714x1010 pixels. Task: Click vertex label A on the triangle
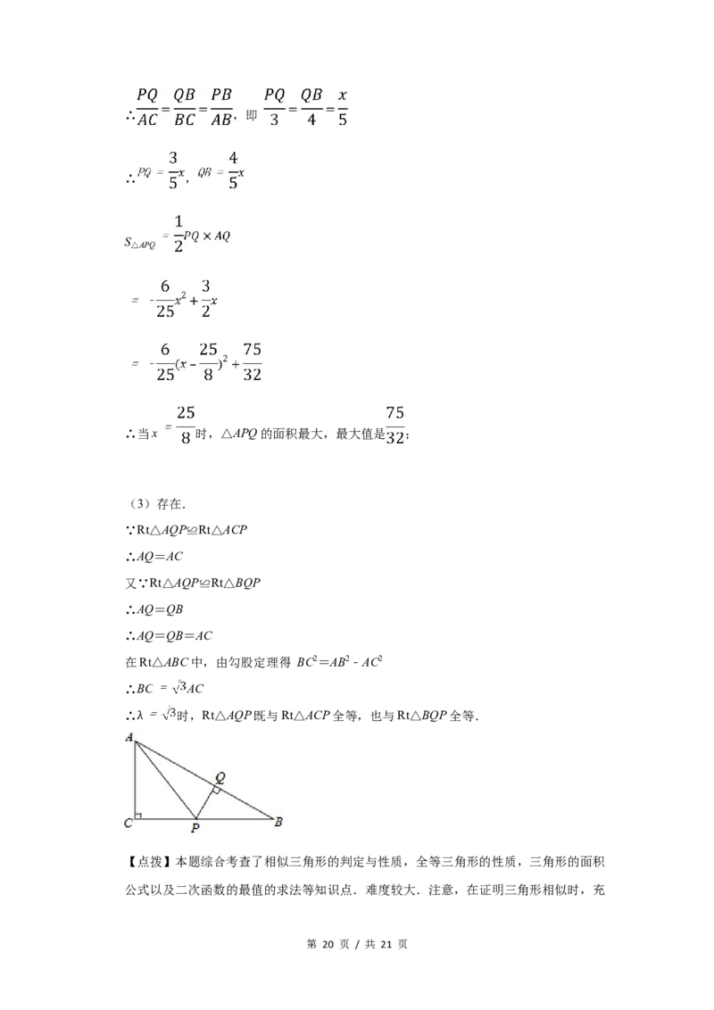click(x=129, y=737)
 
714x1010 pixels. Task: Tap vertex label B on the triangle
click(x=278, y=822)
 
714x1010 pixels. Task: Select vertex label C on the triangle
click(x=129, y=823)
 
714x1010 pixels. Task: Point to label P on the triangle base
click(x=195, y=829)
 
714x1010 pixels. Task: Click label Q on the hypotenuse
click(x=220, y=776)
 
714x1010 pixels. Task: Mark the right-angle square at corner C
click(x=138, y=814)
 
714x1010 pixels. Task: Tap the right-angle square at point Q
click(x=215, y=791)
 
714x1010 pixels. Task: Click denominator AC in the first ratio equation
click(x=147, y=120)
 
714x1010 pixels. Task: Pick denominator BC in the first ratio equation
click(x=185, y=120)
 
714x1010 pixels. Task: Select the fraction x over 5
click(x=342, y=107)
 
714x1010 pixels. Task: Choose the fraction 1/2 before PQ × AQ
click(x=178, y=233)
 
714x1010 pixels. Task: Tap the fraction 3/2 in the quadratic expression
click(x=205, y=300)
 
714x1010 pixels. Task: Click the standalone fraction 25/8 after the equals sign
click(x=185, y=425)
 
